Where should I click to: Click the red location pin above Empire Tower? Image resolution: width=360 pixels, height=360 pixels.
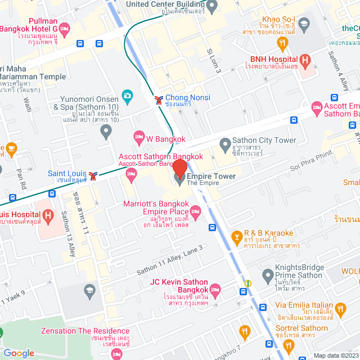[x=179, y=168]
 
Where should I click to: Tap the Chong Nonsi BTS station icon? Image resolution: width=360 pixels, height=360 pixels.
[x=159, y=100]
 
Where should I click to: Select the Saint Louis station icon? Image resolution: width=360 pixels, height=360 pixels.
[x=93, y=175]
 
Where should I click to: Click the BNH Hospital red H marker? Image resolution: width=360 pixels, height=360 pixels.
[x=305, y=58]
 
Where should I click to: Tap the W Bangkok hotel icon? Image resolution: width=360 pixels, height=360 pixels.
[x=138, y=137]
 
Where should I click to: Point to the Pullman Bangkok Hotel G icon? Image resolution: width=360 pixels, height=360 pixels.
[x=65, y=28]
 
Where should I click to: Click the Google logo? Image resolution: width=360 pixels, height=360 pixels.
[x=19, y=353]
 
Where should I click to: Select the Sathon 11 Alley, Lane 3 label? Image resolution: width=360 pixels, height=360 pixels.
[x=169, y=260]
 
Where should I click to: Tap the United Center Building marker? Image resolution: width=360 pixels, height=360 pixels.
[x=212, y=7]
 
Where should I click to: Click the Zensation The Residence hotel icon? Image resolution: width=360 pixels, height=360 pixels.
[x=116, y=353]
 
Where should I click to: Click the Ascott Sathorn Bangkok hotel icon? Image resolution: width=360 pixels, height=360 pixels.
[x=132, y=173]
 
